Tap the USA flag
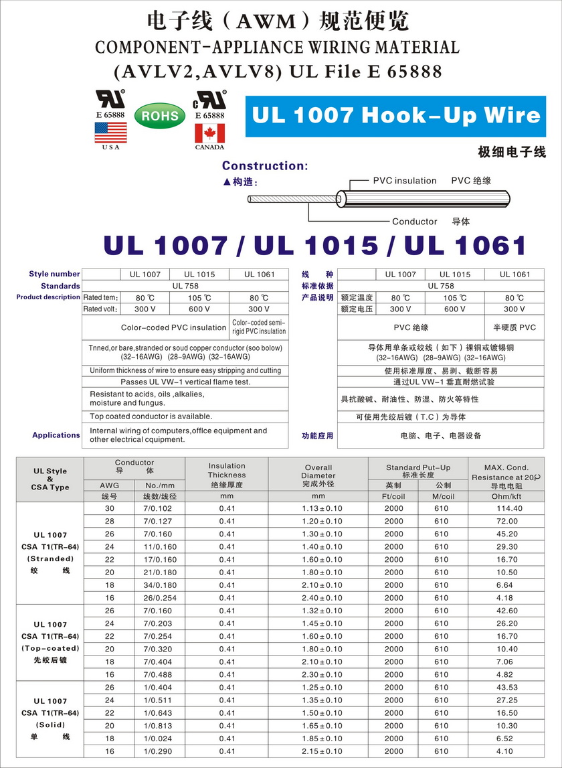tap(110, 132)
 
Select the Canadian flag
tap(209, 133)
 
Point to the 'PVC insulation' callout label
tap(404, 181)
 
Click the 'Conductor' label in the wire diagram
tap(414, 222)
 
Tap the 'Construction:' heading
tap(265, 165)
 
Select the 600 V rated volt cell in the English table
tap(199, 309)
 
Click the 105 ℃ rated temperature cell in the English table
tap(199, 297)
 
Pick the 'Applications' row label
tap(56, 435)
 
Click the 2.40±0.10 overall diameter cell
tap(318, 597)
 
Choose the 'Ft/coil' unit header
tap(393, 496)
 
